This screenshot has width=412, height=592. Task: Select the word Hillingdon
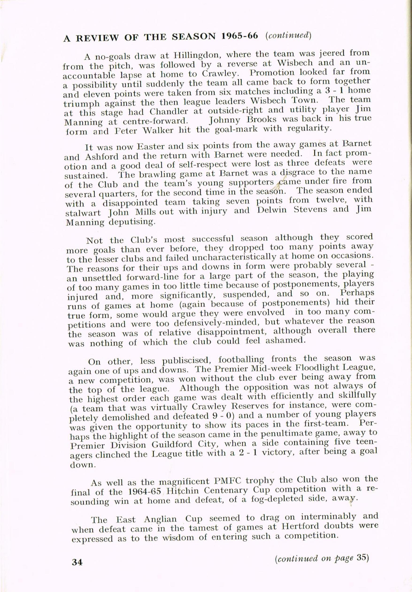coord(189,55)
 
